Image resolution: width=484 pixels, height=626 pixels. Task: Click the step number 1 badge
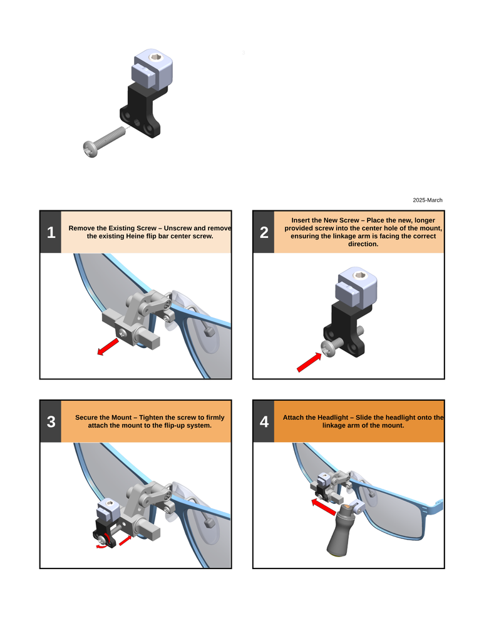click(x=51, y=232)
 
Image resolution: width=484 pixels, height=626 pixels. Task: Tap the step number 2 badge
click(x=264, y=232)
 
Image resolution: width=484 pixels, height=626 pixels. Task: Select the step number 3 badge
click(x=51, y=421)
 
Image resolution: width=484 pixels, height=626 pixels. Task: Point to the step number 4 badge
click(x=264, y=421)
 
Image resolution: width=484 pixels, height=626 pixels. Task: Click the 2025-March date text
click(x=427, y=200)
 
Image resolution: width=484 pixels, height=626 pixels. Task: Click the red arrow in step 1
click(x=108, y=347)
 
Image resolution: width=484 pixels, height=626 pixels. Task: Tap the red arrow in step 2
click(x=309, y=362)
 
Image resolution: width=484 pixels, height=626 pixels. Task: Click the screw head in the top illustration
click(x=90, y=149)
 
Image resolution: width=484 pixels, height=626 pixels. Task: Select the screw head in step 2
click(x=328, y=348)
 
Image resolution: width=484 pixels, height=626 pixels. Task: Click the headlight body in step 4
click(x=341, y=531)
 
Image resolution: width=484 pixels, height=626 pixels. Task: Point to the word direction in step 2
click(x=363, y=244)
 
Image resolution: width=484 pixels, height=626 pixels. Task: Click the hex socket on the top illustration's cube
click(x=155, y=57)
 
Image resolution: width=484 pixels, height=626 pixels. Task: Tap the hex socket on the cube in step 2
click(x=359, y=275)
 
